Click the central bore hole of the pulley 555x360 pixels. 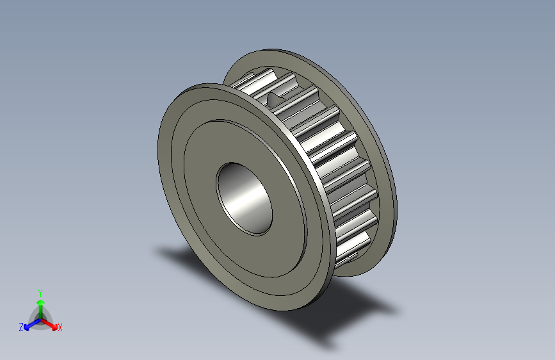coord(244,197)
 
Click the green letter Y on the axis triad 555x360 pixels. coord(40,291)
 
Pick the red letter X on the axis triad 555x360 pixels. coord(60,327)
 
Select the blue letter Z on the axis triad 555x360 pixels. coord(21,327)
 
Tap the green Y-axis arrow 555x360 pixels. coord(40,304)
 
